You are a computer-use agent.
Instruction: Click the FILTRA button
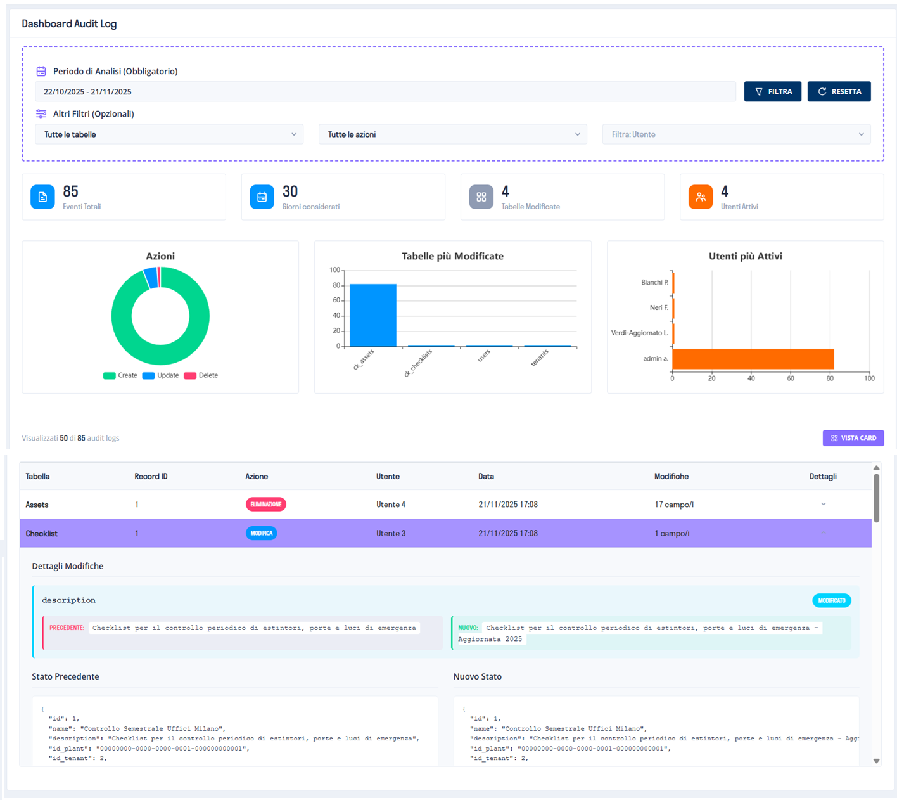(x=772, y=91)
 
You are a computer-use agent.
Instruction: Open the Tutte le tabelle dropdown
(x=169, y=134)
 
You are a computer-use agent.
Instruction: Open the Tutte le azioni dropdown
(x=452, y=134)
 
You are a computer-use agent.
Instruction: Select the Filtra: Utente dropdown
(x=736, y=134)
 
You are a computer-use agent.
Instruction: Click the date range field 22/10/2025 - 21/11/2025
(x=385, y=91)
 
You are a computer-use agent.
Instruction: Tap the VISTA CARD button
(x=853, y=438)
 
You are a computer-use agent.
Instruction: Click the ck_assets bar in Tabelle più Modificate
(x=373, y=315)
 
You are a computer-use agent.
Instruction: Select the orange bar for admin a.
(x=753, y=359)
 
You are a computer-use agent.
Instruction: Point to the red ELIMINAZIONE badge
(x=266, y=505)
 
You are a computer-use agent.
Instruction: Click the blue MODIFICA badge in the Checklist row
(x=261, y=533)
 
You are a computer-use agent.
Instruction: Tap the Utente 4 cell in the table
(x=391, y=505)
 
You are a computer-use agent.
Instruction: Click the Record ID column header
(x=151, y=476)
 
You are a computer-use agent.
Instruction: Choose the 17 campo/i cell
(x=674, y=505)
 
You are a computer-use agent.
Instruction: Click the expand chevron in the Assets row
(x=824, y=505)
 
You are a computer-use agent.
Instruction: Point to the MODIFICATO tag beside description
(x=831, y=600)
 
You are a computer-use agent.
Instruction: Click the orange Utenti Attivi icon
(x=701, y=197)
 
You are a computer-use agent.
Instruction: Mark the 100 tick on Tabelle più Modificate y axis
(x=334, y=270)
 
